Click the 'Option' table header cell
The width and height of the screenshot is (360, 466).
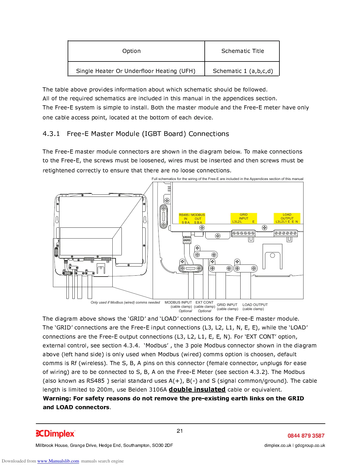tap(131, 51)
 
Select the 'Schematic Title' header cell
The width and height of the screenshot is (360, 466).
tap(243, 51)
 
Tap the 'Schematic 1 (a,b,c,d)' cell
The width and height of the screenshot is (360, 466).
tap(243, 71)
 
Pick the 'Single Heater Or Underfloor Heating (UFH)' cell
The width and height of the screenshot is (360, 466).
tap(136, 71)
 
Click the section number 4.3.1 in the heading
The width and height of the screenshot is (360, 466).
tap(51, 134)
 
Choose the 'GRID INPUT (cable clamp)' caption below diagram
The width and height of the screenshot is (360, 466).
tap(227, 307)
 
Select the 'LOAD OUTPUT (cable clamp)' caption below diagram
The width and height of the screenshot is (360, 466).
tap(255, 307)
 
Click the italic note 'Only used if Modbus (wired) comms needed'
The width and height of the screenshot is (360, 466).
tap(125, 302)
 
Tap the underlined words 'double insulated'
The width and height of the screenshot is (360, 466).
tap(197, 390)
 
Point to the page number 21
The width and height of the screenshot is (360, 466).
tap(180, 431)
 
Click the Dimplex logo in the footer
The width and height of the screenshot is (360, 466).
tap(55, 434)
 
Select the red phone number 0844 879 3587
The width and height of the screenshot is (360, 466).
tap(306, 436)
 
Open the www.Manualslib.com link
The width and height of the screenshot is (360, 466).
tap(58, 461)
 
